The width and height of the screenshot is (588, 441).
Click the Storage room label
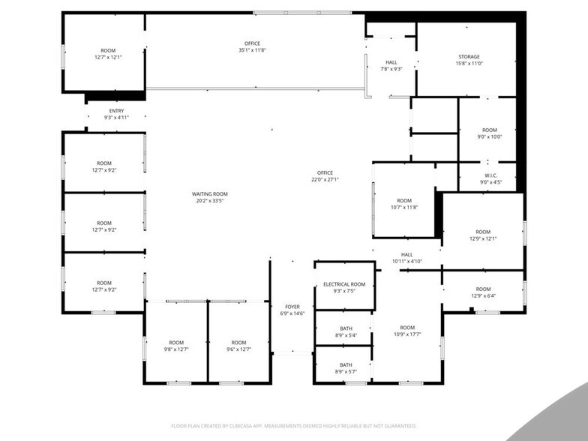[469, 60]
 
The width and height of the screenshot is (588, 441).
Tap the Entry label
[116, 114]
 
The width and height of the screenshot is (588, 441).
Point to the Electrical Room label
[344, 287]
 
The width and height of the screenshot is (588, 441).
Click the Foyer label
[292, 310]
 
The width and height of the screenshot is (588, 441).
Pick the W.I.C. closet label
[492, 178]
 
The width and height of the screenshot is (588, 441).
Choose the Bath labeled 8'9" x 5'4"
[346, 331]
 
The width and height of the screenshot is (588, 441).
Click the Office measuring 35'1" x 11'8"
[252, 47]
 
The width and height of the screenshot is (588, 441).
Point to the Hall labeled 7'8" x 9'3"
[391, 65]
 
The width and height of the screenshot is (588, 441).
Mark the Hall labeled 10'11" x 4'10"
[407, 258]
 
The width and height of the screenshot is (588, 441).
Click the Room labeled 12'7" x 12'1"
[108, 54]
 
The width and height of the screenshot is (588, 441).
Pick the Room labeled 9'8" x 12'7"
[176, 346]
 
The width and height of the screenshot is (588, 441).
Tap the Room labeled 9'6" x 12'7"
[238, 346]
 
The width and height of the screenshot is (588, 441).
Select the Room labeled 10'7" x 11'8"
[404, 204]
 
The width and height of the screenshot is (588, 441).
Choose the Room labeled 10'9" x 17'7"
[407, 331]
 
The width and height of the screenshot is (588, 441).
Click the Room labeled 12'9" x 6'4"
[483, 292]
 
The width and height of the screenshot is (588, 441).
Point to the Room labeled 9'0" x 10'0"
[490, 133]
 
